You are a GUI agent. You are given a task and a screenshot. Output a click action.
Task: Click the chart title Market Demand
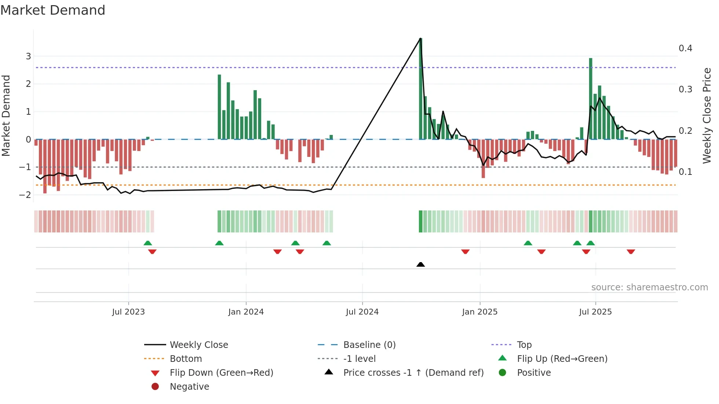(53, 10)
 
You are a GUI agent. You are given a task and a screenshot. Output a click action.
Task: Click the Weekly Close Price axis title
(707, 115)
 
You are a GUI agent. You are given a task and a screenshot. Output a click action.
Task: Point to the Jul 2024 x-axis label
(362, 312)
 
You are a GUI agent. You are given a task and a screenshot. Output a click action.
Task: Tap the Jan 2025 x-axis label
(479, 312)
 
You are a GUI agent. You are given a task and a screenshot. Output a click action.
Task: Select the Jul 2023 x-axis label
(128, 312)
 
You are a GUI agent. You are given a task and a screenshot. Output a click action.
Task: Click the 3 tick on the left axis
(28, 56)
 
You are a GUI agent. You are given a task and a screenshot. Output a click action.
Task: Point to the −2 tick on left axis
(25, 195)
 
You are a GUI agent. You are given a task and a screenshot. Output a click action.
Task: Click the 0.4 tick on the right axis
(685, 48)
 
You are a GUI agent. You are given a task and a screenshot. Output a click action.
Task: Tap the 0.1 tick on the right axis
(685, 172)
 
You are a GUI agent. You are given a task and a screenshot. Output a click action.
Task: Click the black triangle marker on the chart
(421, 264)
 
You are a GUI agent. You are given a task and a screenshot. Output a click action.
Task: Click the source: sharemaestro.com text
(649, 287)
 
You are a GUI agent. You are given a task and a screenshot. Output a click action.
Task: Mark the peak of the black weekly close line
(420, 38)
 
